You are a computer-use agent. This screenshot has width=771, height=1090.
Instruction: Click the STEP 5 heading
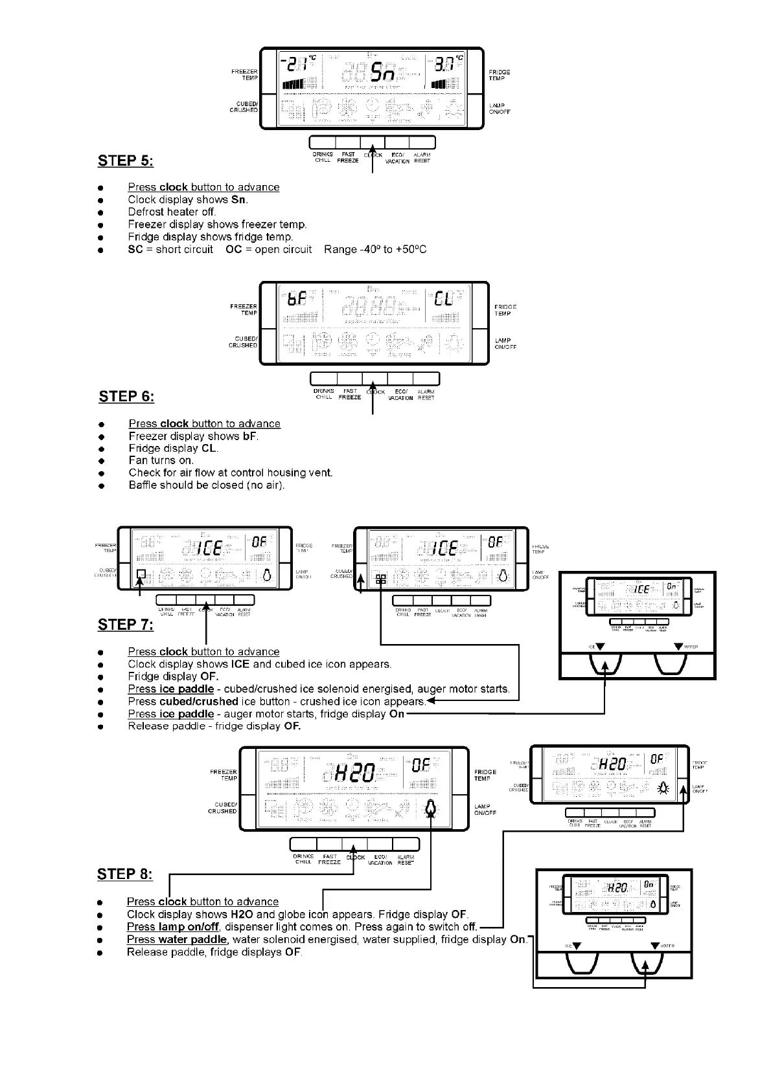125,161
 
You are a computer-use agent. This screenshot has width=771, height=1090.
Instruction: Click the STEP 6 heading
126,396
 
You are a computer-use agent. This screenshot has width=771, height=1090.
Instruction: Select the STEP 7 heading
126,625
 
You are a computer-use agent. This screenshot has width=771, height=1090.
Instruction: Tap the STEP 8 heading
125,874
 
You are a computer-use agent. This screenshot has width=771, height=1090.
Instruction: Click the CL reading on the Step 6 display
444,300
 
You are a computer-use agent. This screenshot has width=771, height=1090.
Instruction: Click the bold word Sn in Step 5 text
238,199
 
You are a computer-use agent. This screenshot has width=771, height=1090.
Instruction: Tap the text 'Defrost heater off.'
172,212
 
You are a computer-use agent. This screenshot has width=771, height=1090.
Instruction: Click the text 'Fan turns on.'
161,460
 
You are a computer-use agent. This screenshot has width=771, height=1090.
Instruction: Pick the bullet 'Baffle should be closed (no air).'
207,485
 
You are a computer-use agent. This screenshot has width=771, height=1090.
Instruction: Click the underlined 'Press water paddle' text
177,939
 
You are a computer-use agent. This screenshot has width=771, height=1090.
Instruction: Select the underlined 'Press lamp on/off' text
173,927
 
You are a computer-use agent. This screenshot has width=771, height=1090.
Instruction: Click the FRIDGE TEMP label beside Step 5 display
499,75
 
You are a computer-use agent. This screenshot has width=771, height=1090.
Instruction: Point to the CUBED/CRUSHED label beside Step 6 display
244,342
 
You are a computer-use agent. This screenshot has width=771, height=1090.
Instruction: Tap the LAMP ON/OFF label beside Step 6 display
505,343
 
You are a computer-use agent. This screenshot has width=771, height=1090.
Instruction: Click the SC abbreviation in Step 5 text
135,249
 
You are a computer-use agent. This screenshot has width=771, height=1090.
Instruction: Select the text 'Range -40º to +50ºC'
375,249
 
